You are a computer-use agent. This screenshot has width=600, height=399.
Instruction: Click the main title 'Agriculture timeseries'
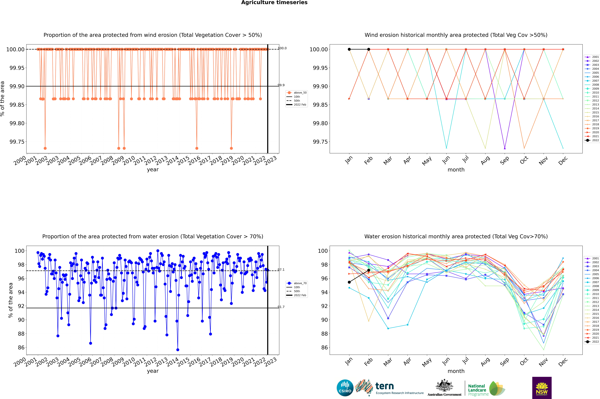click(274, 3)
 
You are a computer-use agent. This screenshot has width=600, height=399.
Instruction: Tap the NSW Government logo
click(542, 388)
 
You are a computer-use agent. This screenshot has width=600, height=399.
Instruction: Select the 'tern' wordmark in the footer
click(385, 386)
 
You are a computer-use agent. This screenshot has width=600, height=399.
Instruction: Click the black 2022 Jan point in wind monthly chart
click(349, 49)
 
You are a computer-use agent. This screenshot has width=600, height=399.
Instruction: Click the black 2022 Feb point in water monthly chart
click(369, 270)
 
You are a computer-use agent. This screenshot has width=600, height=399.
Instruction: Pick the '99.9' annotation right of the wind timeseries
click(281, 85)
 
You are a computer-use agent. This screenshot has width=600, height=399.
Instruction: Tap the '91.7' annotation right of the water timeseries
click(281, 307)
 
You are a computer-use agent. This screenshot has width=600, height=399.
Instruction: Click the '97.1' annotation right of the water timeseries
click(281, 270)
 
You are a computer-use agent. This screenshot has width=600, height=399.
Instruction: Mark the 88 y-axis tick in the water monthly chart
click(324, 334)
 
